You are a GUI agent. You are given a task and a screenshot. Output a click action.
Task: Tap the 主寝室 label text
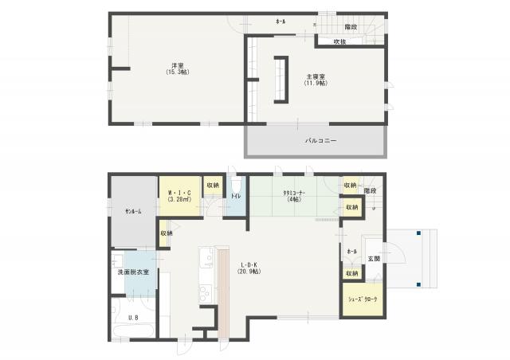[x=314, y=76]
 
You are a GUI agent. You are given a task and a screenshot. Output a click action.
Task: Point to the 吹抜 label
[x=339, y=41]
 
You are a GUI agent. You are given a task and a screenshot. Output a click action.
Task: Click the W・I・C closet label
[x=178, y=192]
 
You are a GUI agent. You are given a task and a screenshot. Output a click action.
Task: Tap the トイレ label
[x=236, y=194]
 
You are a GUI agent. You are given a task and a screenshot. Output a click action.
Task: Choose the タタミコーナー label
[x=294, y=192]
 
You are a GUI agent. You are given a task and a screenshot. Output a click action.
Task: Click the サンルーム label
[x=132, y=211]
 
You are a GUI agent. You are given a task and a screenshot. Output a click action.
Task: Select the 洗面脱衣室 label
[x=132, y=272]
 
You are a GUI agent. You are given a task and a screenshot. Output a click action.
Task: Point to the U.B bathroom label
[x=133, y=317]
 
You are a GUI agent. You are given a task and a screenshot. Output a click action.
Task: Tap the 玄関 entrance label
[x=374, y=259]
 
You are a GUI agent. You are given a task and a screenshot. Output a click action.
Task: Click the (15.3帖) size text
[x=178, y=72]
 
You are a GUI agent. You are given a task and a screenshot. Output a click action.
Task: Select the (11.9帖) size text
[x=314, y=84]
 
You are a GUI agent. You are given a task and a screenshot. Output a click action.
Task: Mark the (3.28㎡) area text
[x=178, y=200]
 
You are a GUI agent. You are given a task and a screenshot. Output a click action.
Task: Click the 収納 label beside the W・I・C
[x=213, y=185]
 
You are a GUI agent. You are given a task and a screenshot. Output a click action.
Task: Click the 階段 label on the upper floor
[x=351, y=26]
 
